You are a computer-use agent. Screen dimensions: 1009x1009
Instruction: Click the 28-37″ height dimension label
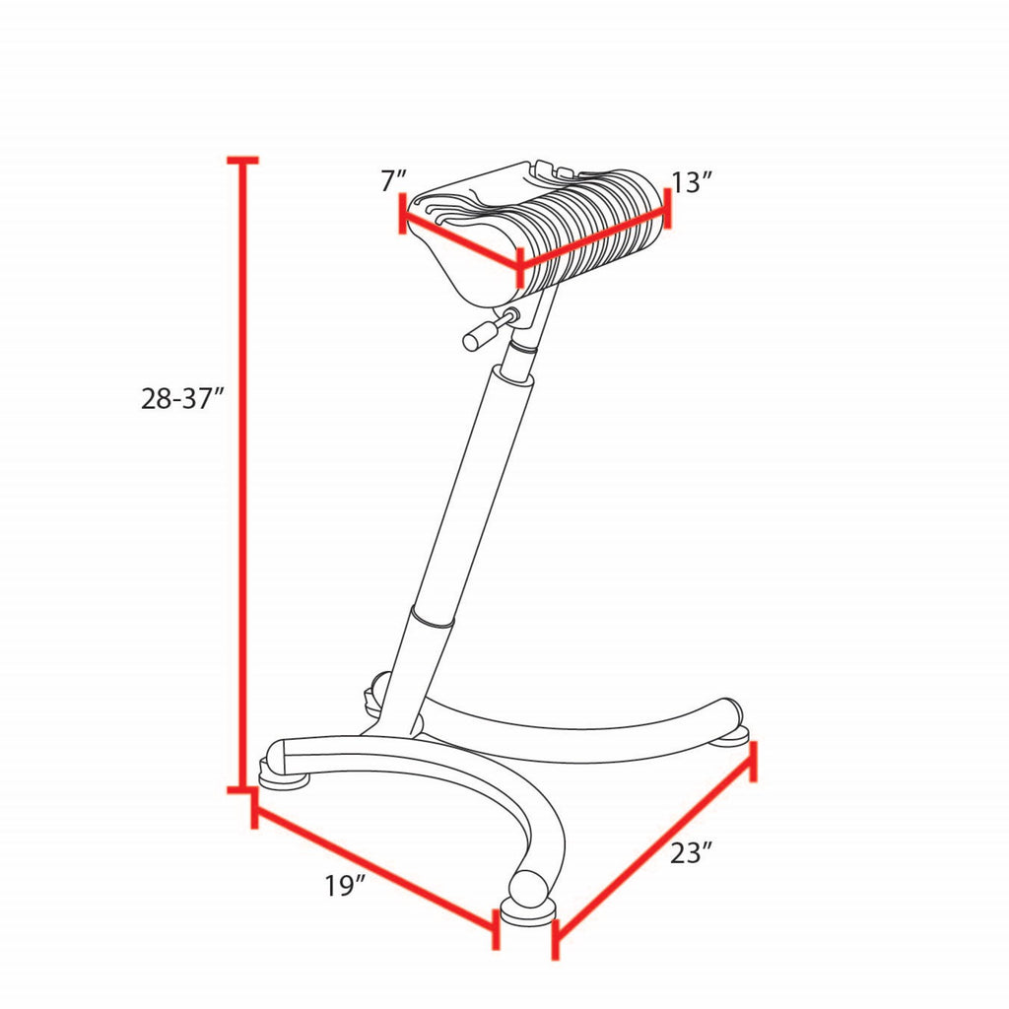pyautogui.click(x=182, y=399)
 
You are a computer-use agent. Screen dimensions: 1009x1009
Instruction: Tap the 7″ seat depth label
pyautogui.click(x=394, y=181)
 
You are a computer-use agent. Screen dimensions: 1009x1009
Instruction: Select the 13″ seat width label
pyautogui.click(x=693, y=182)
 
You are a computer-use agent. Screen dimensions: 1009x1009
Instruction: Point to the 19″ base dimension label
pyautogui.click(x=345, y=886)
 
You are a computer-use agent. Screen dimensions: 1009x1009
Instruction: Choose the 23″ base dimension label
pyautogui.click(x=692, y=854)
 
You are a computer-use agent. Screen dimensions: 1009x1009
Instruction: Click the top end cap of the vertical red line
pyautogui.click(x=243, y=160)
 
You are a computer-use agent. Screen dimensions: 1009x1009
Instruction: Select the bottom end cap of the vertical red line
pyautogui.click(x=243, y=789)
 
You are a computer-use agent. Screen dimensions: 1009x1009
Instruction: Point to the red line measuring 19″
pyautogui.click(x=375, y=869)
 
